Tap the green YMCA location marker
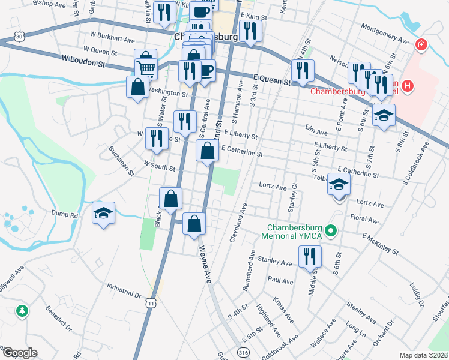(330, 230)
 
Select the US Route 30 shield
(20, 37)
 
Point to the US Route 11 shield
(151, 304)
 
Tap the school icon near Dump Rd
(104, 212)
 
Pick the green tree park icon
(22, 310)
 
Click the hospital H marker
(408, 86)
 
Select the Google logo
(19, 353)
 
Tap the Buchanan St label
(120, 161)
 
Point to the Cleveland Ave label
(239, 223)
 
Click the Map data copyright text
(423, 355)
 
